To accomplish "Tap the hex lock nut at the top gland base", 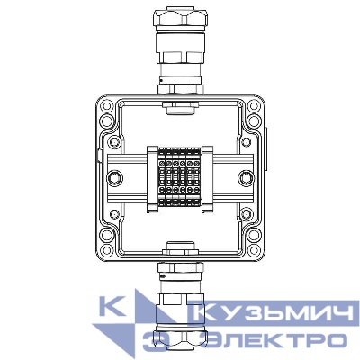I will (179, 86).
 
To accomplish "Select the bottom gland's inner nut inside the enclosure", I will (179, 244).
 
